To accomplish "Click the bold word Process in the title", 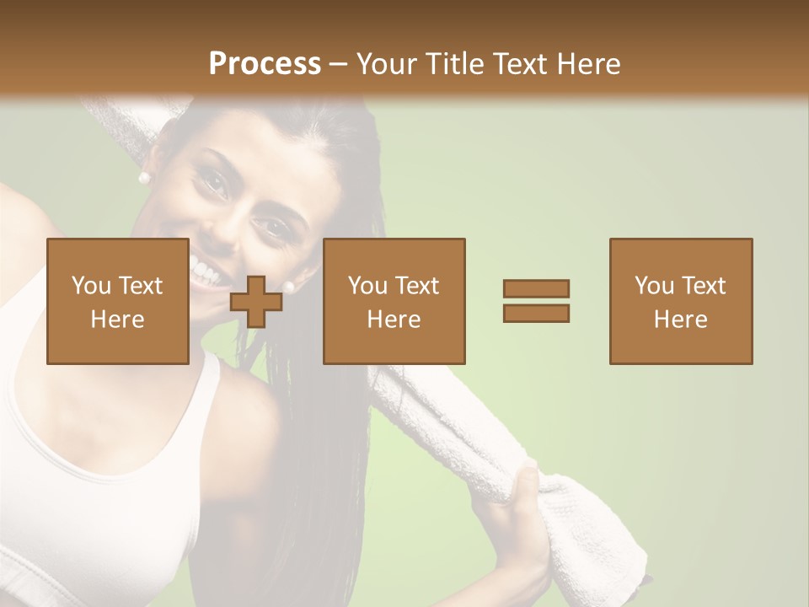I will click(265, 63).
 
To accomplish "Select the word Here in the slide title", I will click(588, 63).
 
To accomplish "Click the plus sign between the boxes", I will click(256, 302).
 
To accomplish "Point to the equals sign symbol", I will click(536, 301).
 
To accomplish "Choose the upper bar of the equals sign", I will click(536, 289).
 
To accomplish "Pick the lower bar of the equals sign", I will click(536, 313).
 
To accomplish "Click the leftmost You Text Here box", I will click(118, 301).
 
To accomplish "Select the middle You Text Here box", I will click(394, 301).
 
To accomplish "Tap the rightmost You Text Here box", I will click(681, 301).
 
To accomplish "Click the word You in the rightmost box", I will click(653, 286).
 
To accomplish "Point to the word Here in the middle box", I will click(394, 319).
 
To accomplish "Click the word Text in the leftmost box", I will click(139, 286).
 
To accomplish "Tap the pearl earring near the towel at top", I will click(143, 178).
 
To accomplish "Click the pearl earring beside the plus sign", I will click(289, 287).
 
